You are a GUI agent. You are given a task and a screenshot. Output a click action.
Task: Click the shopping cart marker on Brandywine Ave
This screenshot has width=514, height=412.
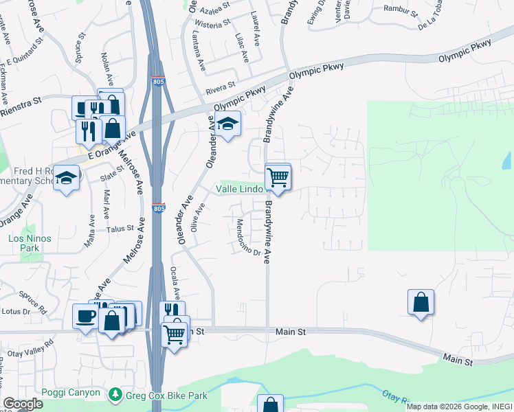click(x=278, y=176)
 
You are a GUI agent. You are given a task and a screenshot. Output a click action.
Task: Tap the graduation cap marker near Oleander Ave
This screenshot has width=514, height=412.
click(x=227, y=124)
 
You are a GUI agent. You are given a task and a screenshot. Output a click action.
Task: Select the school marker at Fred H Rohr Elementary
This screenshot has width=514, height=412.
click(x=66, y=179)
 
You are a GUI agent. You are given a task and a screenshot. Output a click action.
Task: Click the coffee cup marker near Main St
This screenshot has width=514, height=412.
click(x=86, y=316)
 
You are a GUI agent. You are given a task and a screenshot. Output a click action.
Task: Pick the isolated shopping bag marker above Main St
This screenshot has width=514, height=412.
click(x=421, y=302)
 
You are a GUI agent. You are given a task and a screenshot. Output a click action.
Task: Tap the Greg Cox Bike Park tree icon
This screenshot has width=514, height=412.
click(x=115, y=394)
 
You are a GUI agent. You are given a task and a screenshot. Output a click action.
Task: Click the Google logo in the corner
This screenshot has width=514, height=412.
click(x=22, y=404)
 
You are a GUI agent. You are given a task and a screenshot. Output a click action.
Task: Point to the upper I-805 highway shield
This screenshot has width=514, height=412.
click(x=158, y=82)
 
